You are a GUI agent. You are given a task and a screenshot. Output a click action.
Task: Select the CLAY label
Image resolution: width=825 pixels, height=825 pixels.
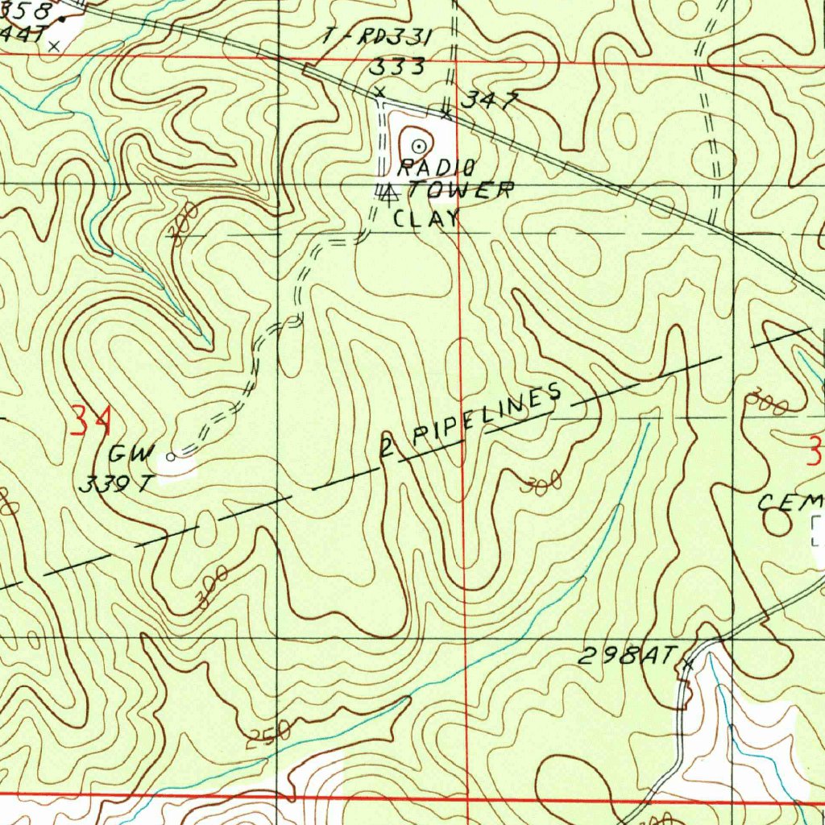(426, 218)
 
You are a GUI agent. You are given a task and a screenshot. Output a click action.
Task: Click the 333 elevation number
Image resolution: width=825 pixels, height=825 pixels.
(396, 67)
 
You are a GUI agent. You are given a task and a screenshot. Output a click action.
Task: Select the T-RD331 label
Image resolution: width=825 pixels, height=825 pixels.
(378, 37)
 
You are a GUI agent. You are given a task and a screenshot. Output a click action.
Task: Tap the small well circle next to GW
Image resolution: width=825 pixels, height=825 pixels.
(171, 457)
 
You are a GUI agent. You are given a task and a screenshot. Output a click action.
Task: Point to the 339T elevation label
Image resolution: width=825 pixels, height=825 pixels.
(116, 485)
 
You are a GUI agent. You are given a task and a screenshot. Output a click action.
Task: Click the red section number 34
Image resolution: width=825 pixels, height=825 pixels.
(90, 421)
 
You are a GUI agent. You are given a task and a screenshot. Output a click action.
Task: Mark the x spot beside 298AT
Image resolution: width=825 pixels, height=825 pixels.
(687, 664)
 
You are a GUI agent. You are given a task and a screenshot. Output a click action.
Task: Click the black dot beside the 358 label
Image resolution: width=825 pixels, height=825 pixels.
(62, 19)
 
